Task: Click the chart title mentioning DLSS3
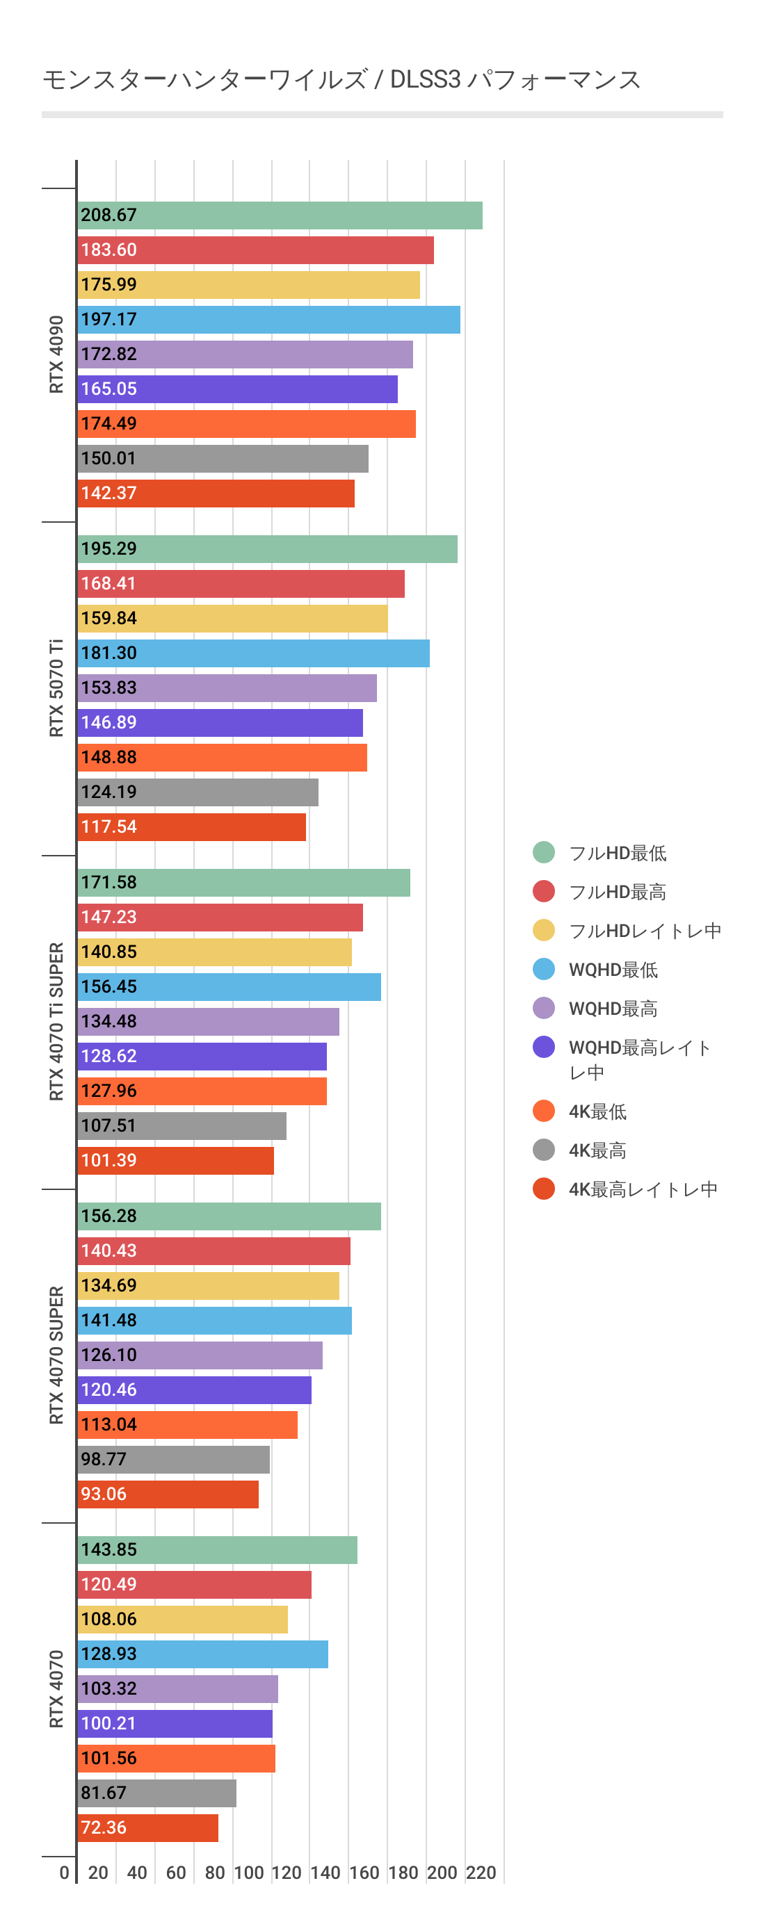[341, 79]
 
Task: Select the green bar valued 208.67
[279, 215]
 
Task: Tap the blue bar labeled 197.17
[268, 319]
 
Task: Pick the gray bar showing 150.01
[223, 458]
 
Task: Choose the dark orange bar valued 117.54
[191, 826]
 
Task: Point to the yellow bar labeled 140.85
[214, 952]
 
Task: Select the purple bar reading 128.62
[202, 1056]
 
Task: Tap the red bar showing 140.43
[213, 1251]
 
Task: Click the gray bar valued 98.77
[173, 1460]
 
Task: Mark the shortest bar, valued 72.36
[147, 1827]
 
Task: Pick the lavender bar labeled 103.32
[177, 1689]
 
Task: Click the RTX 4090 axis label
[56, 354]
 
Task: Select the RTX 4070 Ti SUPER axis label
[56, 1021]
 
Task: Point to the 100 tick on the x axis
[248, 1873]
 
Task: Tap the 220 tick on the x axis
[481, 1873]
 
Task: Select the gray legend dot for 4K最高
[544, 1150]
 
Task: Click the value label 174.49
[108, 423]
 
